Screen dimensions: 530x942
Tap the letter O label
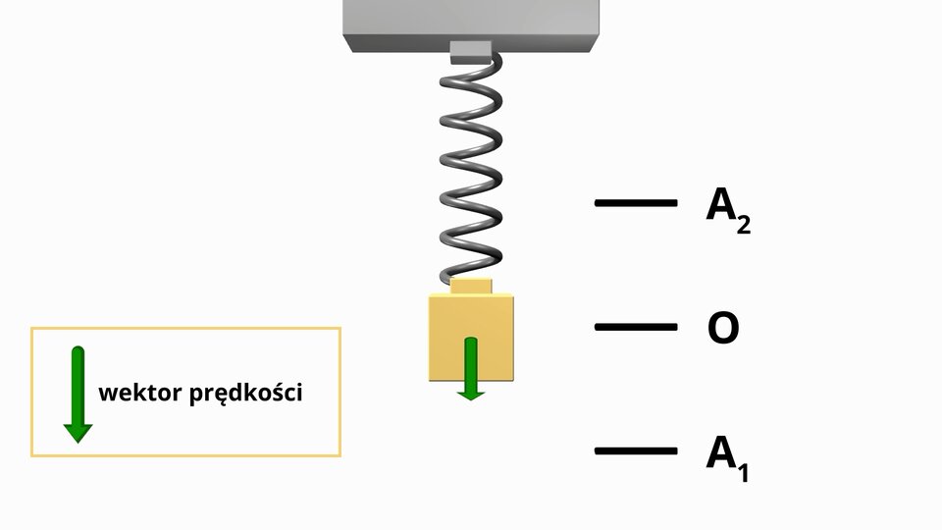[x=723, y=329]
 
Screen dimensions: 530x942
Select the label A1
[x=727, y=456]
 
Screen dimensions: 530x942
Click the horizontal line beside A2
[x=636, y=203]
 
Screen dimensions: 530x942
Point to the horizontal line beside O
[x=636, y=327]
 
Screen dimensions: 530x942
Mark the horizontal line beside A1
[x=636, y=451]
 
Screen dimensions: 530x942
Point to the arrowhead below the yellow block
[x=472, y=392]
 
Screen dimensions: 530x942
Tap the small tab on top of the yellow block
[x=471, y=286]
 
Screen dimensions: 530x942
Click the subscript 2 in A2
[x=743, y=225]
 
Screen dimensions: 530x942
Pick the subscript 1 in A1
[x=743, y=472]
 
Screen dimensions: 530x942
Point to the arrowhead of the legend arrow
[x=78, y=432]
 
